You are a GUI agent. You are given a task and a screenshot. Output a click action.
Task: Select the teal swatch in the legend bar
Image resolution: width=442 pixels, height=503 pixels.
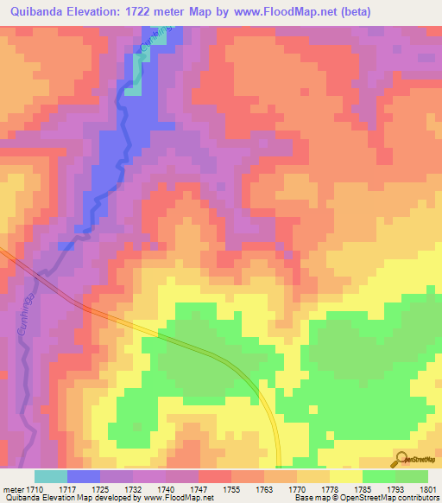[x=50, y=476]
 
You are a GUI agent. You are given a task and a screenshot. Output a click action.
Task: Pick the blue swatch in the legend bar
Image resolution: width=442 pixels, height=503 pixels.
[x=83, y=476]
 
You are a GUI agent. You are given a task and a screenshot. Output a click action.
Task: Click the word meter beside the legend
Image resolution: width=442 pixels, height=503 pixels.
[x=14, y=488]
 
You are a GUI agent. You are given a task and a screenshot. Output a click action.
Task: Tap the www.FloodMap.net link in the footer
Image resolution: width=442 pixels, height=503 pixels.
[x=178, y=498]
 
